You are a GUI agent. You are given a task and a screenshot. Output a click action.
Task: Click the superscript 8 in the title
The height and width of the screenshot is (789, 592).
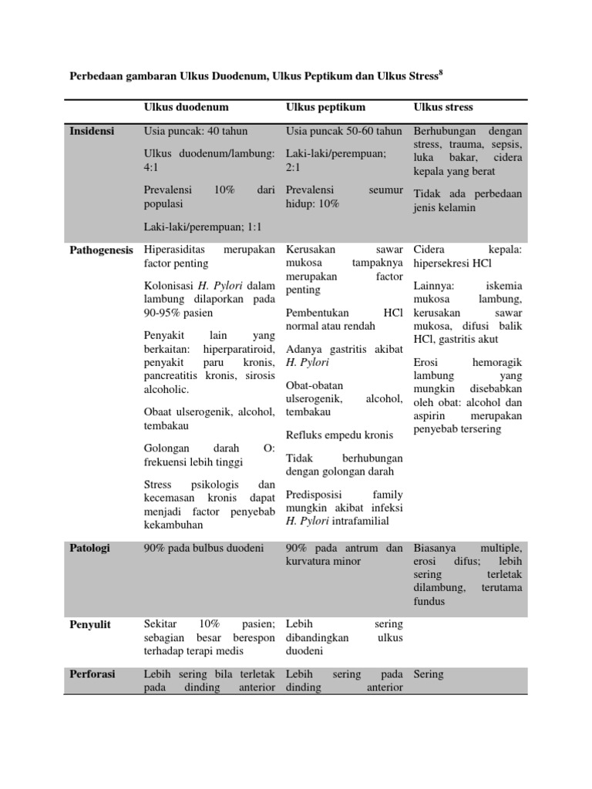pyautogui.click(x=441, y=73)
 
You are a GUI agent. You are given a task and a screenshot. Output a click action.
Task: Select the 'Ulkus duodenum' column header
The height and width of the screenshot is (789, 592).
pyautogui.click(x=186, y=106)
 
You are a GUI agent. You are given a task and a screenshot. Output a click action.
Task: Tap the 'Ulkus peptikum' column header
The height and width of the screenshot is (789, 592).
pyautogui.click(x=325, y=106)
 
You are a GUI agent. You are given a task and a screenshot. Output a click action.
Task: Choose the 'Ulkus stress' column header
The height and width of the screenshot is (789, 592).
pyautogui.click(x=443, y=106)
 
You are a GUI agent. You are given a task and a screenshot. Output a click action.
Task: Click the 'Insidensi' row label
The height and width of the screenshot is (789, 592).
pyautogui.click(x=92, y=131)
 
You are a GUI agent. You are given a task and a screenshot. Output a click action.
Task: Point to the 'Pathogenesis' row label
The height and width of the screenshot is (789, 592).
pyautogui.click(x=101, y=250)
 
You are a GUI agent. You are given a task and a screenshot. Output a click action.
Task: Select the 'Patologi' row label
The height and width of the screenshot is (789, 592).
pyautogui.click(x=90, y=548)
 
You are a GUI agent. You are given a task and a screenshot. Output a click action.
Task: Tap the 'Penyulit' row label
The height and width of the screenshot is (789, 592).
pyautogui.click(x=90, y=623)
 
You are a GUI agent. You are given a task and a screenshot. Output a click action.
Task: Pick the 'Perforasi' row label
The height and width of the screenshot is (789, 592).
pyautogui.click(x=92, y=673)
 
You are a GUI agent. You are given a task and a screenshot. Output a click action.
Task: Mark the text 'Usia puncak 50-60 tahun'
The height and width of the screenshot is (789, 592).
pyautogui.click(x=344, y=131)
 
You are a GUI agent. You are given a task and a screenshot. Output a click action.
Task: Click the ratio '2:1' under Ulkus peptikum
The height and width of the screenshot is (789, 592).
pyautogui.click(x=293, y=166)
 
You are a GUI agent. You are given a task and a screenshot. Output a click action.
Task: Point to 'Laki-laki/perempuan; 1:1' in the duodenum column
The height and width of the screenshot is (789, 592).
pyautogui.click(x=203, y=227)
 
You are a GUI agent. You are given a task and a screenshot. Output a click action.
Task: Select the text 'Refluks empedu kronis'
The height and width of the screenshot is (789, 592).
pyautogui.click(x=339, y=435)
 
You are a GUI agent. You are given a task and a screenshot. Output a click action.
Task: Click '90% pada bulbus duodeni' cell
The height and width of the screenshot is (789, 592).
pyautogui.click(x=203, y=548)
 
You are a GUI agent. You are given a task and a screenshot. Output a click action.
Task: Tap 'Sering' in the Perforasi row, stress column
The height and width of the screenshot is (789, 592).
pyautogui.click(x=429, y=673)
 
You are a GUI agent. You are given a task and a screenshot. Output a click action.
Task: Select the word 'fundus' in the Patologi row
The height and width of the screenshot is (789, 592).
pyautogui.click(x=429, y=601)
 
